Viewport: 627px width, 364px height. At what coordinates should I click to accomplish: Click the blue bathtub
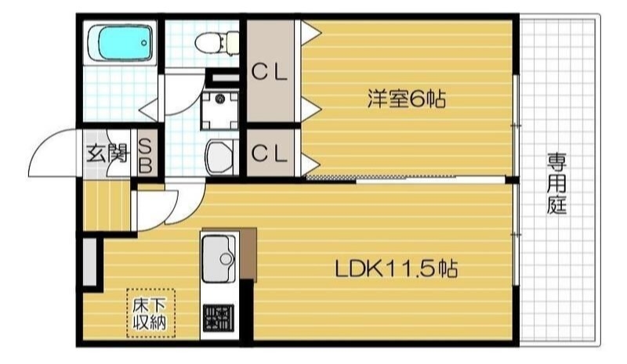(x=121, y=42)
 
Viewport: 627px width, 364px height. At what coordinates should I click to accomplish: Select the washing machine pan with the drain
(x=219, y=109)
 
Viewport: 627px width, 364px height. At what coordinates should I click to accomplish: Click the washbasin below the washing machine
(x=219, y=155)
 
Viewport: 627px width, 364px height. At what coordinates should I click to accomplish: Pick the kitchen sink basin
(x=219, y=258)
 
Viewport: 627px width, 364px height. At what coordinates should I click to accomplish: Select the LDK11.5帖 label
(x=397, y=268)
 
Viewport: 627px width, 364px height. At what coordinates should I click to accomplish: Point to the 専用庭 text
(x=557, y=185)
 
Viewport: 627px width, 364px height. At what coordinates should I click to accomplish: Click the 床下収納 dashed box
(x=152, y=312)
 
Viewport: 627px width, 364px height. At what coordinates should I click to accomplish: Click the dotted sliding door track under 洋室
(x=329, y=178)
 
